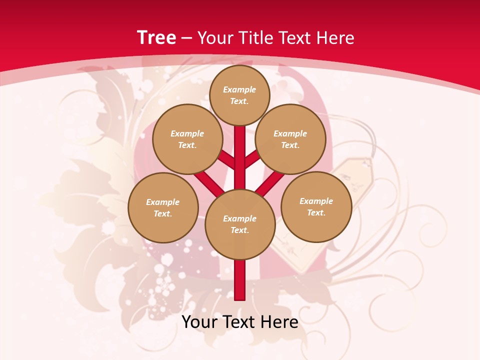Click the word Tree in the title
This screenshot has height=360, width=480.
pyautogui.click(x=156, y=38)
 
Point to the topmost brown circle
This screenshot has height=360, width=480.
pyautogui.click(x=239, y=95)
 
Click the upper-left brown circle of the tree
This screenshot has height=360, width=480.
pyautogui.click(x=187, y=139)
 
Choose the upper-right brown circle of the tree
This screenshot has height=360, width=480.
pyautogui.click(x=290, y=139)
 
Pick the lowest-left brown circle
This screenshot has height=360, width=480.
pyautogui.click(x=163, y=207)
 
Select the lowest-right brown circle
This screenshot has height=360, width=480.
pyautogui.click(x=316, y=206)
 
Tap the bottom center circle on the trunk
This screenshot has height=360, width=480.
pyautogui.click(x=240, y=224)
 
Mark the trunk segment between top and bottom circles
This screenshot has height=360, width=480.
pyautogui.click(x=240, y=157)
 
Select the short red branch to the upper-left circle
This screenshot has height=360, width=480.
pyautogui.click(x=227, y=160)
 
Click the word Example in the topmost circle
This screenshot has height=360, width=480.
pyautogui.click(x=239, y=89)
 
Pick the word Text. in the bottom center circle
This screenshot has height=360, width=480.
pyautogui.click(x=239, y=230)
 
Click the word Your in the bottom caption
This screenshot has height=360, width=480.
pyautogui.click(x=199, y=322)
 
